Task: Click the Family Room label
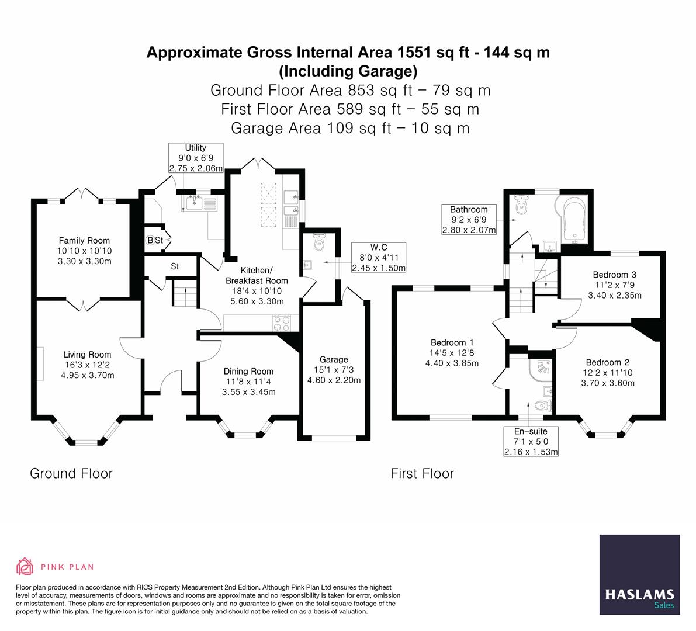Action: [84, 240]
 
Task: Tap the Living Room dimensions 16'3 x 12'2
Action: [87, 365]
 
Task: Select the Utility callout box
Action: [196, 158]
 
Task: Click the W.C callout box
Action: [379, 258]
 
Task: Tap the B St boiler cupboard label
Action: [155, 240]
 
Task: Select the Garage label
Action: [334, 359]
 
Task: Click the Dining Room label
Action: [248, 371]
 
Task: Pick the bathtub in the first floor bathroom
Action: [573, 219]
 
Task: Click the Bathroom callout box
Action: [469, 219]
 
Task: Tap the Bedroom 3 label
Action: [614, 275]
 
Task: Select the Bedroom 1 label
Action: [452, 342]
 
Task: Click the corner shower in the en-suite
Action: [536, 367]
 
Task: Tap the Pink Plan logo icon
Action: [25, 566]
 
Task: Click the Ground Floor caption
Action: [71, 473]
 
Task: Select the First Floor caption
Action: [422, 473]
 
